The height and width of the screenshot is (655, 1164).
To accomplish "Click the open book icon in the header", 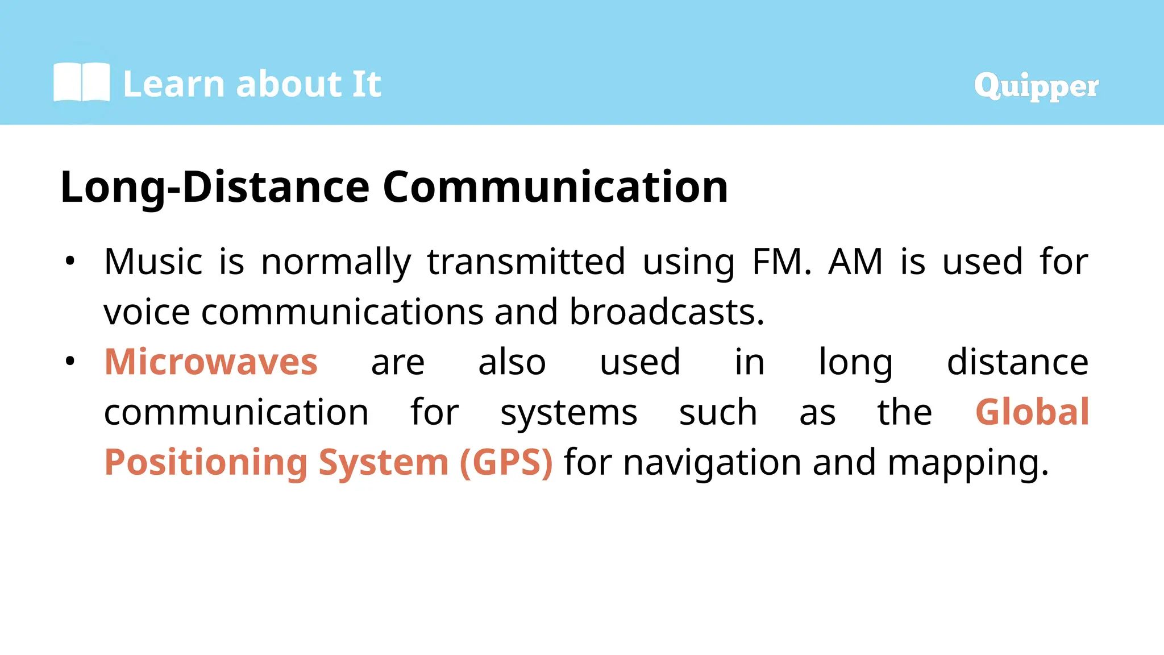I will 81,82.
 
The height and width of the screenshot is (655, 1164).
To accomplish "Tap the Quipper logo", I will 1036,86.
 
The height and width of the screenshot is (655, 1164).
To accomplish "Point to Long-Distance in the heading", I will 215,188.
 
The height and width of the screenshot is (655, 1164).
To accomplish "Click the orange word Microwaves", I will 211,362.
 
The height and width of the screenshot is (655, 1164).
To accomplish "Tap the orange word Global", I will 1032,412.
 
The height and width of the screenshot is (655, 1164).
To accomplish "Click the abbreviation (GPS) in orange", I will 506,462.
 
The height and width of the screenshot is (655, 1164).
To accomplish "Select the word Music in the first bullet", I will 153,262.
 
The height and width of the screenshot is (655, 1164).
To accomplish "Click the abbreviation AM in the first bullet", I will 855,262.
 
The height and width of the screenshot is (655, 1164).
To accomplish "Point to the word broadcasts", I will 667,312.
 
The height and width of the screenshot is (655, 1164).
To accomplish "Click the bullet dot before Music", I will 70,262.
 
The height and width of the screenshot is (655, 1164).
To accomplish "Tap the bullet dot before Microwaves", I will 70,362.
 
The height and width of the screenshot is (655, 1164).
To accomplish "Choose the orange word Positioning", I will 206,463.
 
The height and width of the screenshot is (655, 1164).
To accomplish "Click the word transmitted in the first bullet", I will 526,262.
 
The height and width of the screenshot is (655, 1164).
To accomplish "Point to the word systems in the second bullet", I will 568,413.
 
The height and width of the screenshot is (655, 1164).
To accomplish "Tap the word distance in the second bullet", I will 1017,362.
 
